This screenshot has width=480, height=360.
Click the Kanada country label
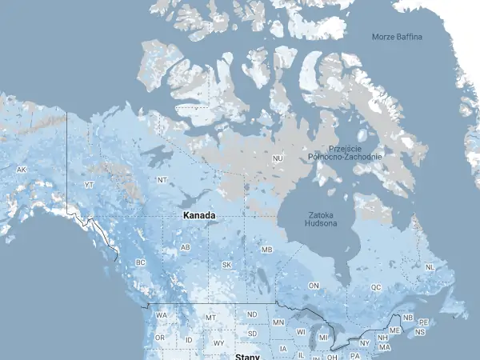[198, 217]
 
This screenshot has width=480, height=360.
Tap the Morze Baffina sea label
[397, 37]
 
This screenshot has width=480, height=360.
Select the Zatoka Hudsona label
[320, 219]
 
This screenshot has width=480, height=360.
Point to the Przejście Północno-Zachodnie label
[355, 153]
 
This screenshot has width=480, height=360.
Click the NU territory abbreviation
[278, 159]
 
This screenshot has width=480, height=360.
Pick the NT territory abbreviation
[162, 180]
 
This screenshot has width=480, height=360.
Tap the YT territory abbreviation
[90, 185]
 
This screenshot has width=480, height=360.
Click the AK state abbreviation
[22, 170]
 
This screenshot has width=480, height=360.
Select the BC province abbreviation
[141, 262]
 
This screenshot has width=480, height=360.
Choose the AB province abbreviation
[186, 248]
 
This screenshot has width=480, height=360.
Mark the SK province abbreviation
[226, 265]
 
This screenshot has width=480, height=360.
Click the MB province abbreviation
[267, 250]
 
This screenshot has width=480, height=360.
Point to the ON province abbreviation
[314, 286]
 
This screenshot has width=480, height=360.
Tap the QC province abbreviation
[376, 286]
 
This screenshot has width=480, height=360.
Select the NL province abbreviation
[430, 267]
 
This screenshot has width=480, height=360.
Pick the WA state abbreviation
[162, 315]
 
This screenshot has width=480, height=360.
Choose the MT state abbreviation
[211, 318]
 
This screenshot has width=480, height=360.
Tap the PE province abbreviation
[424, 322]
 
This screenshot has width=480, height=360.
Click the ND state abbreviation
[252, 315]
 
